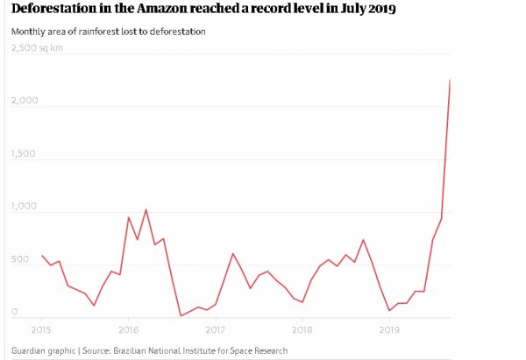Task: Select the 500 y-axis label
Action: pos(21,260)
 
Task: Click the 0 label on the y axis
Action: pos(14,312)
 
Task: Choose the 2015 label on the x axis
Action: pos(41,330)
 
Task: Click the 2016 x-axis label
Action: pos(128,330)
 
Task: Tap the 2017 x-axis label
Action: pos(215,330)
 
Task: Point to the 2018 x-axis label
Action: pos(302,330)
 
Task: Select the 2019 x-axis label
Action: pos(388,330)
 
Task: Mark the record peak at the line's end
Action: pos(450,81)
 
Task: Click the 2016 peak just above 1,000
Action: pos(146,210)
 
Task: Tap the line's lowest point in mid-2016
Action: pos(181,315)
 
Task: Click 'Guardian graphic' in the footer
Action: pos(42,351)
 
